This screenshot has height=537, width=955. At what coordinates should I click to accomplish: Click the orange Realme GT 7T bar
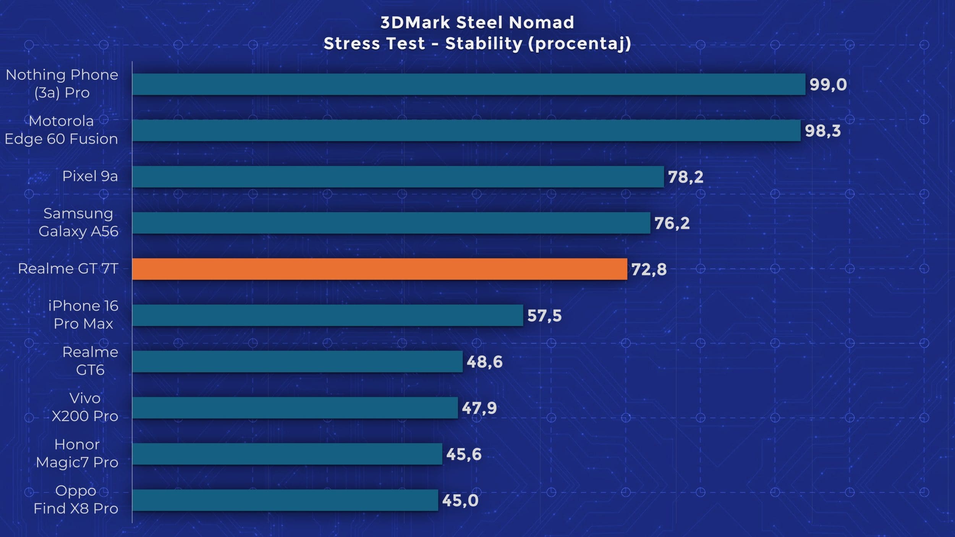coord(380,269)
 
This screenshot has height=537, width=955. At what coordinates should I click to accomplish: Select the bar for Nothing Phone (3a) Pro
coord(469,84)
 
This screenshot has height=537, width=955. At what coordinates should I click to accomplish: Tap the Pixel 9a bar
coord(398,176)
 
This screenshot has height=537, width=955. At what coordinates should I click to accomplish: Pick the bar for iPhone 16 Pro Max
coord(328,315)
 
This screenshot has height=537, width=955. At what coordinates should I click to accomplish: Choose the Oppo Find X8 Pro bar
coord(285,500)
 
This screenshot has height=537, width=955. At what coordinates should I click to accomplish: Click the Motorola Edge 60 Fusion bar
coord(466,130)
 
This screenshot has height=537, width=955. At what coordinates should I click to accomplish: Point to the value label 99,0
coord(828,84)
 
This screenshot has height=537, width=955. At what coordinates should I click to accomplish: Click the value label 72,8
coord(649,269)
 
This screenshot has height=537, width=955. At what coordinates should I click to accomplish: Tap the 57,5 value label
coord(544,315)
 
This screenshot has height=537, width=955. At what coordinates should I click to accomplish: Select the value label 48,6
coord(484,362)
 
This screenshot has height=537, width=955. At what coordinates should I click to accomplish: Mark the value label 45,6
coord(464,454)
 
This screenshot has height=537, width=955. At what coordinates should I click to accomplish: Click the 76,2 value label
coord(672,223)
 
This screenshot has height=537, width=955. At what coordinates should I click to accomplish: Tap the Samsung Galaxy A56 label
coord(78,222)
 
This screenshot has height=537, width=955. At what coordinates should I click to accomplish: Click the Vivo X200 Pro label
coord(85,407)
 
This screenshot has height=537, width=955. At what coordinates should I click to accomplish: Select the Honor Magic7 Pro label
coord(77,453)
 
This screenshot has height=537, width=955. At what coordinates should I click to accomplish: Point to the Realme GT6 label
coord(90,361)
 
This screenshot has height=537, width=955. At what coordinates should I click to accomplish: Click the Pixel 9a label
coord(90,176)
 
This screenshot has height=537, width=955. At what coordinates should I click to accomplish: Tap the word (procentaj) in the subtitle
coord(579,44)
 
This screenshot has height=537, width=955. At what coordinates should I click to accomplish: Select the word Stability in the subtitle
coord(484,44)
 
